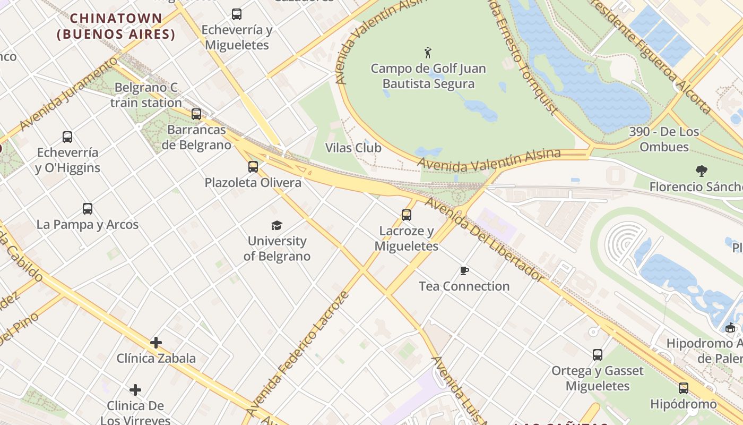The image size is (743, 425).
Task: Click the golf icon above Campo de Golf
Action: tap(428, 52)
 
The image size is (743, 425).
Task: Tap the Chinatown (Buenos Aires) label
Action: tap(116, 26)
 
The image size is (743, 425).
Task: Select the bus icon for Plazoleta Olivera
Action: tap(253, 166)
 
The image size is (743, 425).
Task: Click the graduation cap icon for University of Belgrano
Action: tap(277, 225)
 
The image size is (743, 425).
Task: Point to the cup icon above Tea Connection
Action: tap(464, 271)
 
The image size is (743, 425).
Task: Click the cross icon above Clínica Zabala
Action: tap(155, 343)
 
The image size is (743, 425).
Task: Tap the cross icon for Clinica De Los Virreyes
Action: tap(135, 390)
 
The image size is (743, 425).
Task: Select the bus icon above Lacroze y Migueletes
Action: tap(407, 215)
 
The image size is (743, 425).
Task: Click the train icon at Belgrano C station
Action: tap(196, 114)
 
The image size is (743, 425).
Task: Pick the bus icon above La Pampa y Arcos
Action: tap(88, 208)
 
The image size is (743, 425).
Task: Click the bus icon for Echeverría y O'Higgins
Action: tap(67, 137)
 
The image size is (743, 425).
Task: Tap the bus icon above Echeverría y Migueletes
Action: tap(237, 14)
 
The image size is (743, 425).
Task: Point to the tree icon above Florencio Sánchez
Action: tap(702, 171)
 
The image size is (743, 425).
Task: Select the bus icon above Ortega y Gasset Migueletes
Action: tap(598, 354)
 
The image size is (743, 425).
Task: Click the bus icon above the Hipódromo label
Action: tap(684, 388)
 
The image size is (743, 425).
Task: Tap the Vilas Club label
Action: tap(353, 148)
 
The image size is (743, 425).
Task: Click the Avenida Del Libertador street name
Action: tap(484, 239)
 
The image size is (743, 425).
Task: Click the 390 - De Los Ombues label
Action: tap(664, 139)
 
